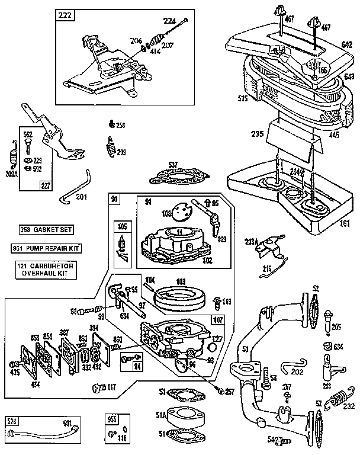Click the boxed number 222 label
point(65,16)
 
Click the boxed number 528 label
point(11,422)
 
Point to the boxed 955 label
point(112,422)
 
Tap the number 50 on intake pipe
point(245,349)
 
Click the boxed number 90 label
point(114,200)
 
